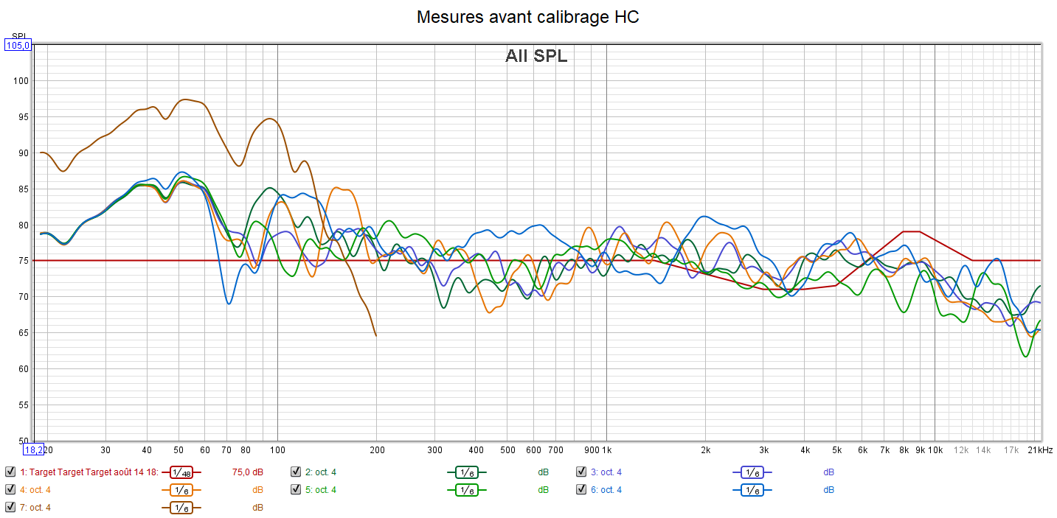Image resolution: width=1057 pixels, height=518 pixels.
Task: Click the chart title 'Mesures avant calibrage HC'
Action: click(x=527, y=17)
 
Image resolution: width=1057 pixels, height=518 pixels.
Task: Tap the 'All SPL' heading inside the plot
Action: click(x=536, y=56)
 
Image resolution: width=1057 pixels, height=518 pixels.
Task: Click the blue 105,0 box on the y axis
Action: click(x=18, y=46)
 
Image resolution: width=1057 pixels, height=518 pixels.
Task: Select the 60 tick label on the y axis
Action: click(x=22, y=369)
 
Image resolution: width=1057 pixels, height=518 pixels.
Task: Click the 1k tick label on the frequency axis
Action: click(x=606, y=450)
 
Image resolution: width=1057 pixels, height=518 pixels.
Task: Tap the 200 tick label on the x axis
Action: click(x=376, y=450)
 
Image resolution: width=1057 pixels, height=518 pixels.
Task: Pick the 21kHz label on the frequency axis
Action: click(x=1040, y=450)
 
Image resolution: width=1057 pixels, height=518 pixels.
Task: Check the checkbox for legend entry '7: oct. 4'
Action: click(x=10, y=507)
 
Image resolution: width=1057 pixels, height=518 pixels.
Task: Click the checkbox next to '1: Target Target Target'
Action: click(x=10, y=472)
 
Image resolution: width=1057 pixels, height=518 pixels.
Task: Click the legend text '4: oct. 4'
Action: click(x=35, y=489)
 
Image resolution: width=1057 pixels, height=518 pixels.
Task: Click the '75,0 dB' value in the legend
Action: click(x=248, y=472)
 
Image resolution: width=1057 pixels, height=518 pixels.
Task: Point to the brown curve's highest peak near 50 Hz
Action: click(x=185, y=99)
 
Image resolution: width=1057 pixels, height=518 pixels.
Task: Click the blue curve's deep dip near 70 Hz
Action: click(x=229, y=304)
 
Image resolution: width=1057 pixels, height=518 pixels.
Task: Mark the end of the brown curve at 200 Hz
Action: click(x=376, y=335)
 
